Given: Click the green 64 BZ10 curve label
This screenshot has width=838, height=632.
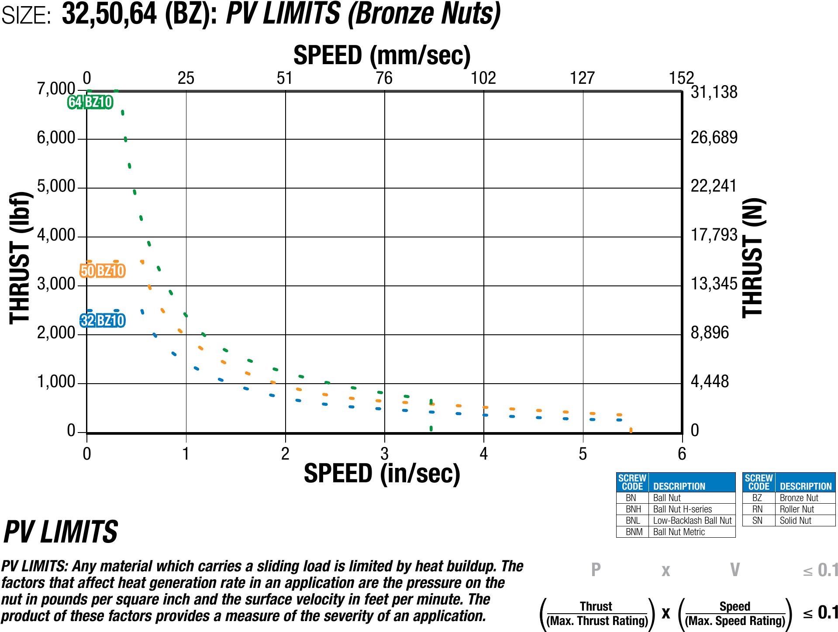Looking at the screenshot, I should pos(90,102).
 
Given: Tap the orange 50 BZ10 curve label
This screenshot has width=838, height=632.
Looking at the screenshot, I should pos(103,271).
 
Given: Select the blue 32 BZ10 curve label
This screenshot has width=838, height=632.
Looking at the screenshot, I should pos(103,321).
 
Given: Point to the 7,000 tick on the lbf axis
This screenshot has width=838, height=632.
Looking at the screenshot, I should pos(56,89).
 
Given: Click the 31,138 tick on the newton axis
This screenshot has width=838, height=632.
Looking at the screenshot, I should pos(714,92).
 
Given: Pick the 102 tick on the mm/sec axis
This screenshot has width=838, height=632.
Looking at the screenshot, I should pos(483,78).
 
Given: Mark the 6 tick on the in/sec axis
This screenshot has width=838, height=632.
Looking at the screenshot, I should pos(682,454).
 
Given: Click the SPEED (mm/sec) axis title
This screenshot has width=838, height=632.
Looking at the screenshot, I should pos(382,55).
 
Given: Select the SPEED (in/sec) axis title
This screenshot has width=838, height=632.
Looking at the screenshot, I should pos(382,474).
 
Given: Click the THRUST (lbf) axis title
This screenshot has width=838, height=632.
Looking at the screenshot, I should pos(21,258).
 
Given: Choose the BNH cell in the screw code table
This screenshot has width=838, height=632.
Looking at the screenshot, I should pos(633,509).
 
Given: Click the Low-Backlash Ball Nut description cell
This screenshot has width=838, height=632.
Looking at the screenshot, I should pos(692,521).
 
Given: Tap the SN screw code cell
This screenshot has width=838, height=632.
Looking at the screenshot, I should pos(757,521).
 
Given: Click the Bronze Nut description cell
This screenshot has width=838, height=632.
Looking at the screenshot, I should pos(799,498).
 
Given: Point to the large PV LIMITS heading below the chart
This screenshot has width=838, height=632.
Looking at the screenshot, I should pos(61,532).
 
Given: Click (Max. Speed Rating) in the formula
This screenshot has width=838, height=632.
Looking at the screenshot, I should pos(735,621).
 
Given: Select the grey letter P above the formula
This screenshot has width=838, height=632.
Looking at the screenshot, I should pos(596,570).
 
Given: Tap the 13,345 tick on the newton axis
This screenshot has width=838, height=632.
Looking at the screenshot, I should pos(714,284).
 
